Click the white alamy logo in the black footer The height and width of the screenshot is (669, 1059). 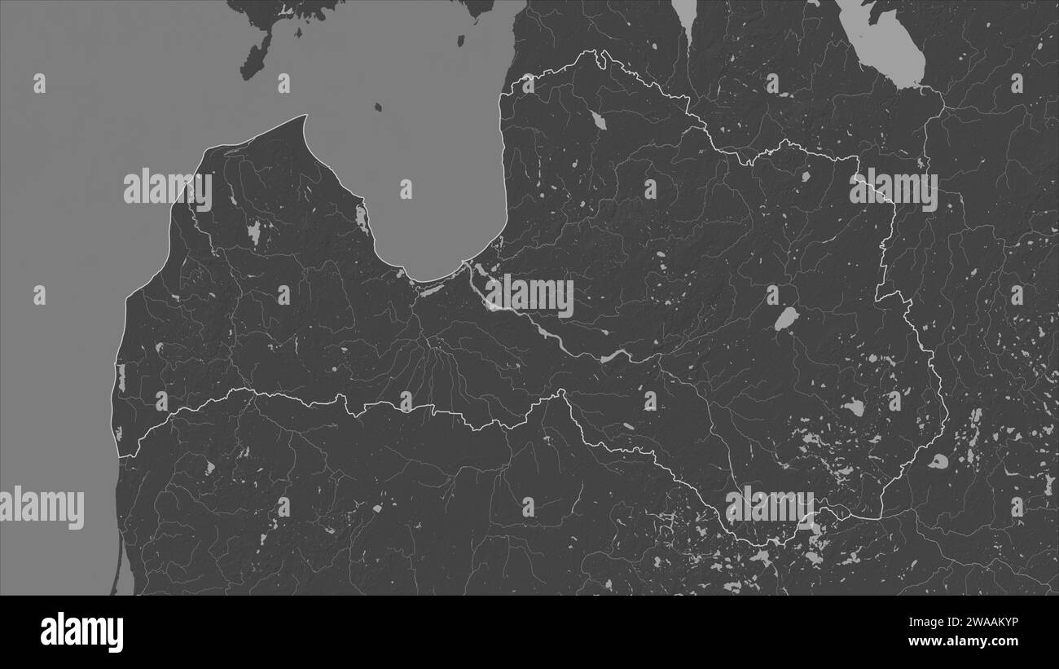81,632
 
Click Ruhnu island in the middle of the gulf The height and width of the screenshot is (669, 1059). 379,107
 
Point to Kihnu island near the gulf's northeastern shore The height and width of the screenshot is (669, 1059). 461,40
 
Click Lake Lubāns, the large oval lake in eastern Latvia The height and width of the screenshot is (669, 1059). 784,318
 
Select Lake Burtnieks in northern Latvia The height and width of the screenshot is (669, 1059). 598,121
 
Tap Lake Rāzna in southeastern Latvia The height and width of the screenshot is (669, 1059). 853,407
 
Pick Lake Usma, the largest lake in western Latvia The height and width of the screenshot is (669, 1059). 253,233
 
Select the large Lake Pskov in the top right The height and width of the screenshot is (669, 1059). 884,45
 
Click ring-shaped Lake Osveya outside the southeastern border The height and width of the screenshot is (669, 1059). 938,461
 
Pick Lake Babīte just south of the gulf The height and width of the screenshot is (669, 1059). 431,289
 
